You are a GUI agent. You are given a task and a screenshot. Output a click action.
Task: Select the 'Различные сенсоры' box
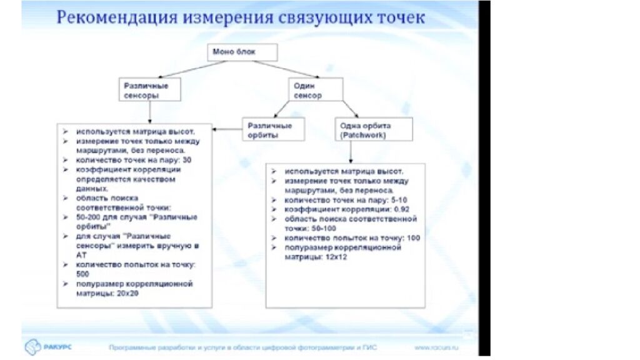tap(149, 89)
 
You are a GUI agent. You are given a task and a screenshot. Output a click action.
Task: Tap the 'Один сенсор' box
tap(316, 89)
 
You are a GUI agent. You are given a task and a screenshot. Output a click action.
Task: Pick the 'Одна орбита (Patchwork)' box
tap(372, 129)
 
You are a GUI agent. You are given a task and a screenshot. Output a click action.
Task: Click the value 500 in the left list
tap(83, 274)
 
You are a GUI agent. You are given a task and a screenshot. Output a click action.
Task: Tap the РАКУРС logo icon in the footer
tap(32, 346)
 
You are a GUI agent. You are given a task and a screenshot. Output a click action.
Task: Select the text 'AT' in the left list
tap(81, 255)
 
